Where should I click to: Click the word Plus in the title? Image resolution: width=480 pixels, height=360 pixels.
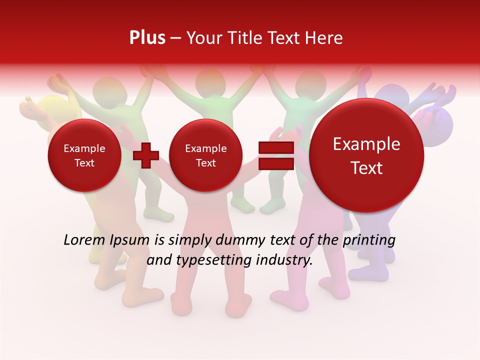[x=147, y=38]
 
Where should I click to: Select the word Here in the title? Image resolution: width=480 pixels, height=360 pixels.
[x=324, y=38]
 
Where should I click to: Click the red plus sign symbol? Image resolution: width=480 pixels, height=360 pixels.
[x=146, y=155]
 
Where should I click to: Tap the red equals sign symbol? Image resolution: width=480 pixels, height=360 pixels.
[x=275, y=155]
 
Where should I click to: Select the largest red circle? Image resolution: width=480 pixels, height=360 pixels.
[x=366, y=155]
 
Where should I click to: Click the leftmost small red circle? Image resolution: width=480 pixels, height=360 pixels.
[x=84, y=155]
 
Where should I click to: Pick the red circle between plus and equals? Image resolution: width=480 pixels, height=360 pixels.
[x=205, y=155]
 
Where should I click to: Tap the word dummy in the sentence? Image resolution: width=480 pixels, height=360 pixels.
[x=234, y=240]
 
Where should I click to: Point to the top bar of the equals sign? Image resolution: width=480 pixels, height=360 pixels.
[x=275, y=148]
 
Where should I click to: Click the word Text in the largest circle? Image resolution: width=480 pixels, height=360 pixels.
[x=366, y=168]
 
